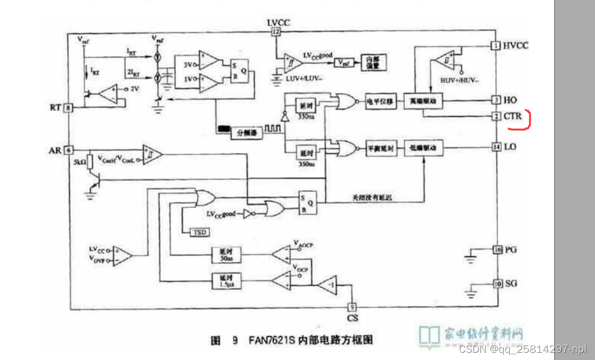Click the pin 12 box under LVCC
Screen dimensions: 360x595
pos(276,33)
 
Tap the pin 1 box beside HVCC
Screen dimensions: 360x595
pos(496,46)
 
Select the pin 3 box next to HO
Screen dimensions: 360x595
pos(496,100)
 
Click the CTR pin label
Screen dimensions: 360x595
pos(512,116)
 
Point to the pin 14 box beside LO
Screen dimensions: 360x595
pos(496,147)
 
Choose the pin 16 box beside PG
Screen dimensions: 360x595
pos(496,250)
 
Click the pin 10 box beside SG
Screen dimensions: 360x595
pos(496,283)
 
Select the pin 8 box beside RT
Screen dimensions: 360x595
pos(69,108)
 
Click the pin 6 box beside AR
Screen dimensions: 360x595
pos(69,149)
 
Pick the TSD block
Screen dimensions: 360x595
pos(199,232)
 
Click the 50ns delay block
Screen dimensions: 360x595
pos(226,255)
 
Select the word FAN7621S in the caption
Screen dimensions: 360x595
pos(267,340)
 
